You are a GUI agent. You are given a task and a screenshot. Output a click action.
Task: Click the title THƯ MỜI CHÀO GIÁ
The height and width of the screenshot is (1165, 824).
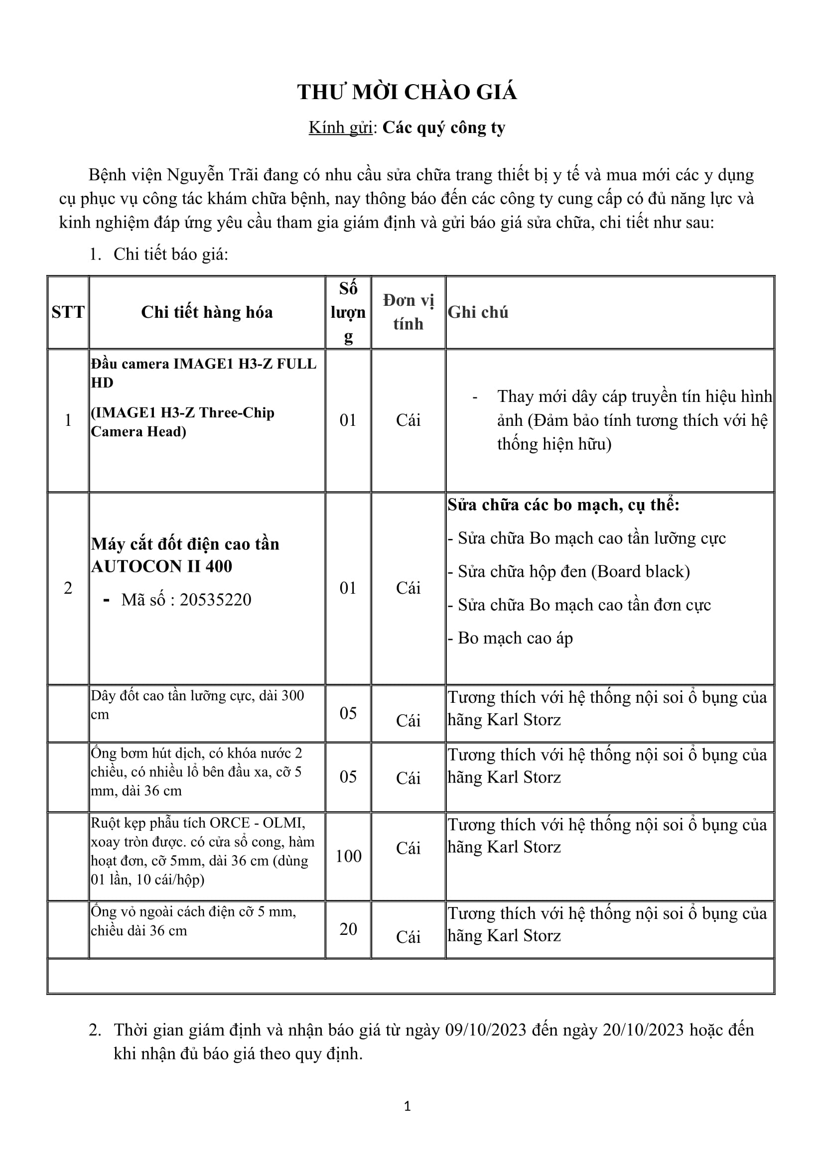(x=407, y=92)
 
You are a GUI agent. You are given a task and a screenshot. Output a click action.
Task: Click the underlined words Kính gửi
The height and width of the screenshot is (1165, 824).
(x=340, y=128)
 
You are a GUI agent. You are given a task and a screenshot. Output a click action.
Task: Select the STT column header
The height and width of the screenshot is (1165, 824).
(x=68, y=312)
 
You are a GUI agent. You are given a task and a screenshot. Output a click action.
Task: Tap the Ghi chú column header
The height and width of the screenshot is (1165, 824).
(x=477, y=312)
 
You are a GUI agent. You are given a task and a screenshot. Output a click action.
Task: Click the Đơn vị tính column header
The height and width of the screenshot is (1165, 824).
(x=408, y=312)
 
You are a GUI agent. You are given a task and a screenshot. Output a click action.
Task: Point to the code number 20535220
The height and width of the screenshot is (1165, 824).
(x=215, y=600)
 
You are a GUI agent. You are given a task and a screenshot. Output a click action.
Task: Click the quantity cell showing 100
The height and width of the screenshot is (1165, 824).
(x=348, y=857)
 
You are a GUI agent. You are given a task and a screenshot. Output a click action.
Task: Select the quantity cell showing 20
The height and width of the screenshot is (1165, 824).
(x=348, y=929)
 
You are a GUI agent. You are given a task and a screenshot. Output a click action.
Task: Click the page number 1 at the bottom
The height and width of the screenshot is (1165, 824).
(x=407, y=1106)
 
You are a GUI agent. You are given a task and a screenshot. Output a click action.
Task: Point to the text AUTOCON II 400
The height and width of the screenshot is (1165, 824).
(x=161, y=566)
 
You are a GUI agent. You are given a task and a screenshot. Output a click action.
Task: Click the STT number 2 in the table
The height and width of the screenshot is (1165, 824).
(x=68, y=588)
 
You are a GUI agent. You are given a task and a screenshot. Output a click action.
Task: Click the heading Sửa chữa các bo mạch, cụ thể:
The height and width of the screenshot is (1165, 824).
(x=563, y=505)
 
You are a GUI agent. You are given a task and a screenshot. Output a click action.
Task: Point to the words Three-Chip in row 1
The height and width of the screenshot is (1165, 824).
(x=237, y=412)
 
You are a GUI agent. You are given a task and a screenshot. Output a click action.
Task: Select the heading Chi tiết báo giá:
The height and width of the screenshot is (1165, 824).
(x=170, y=254)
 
